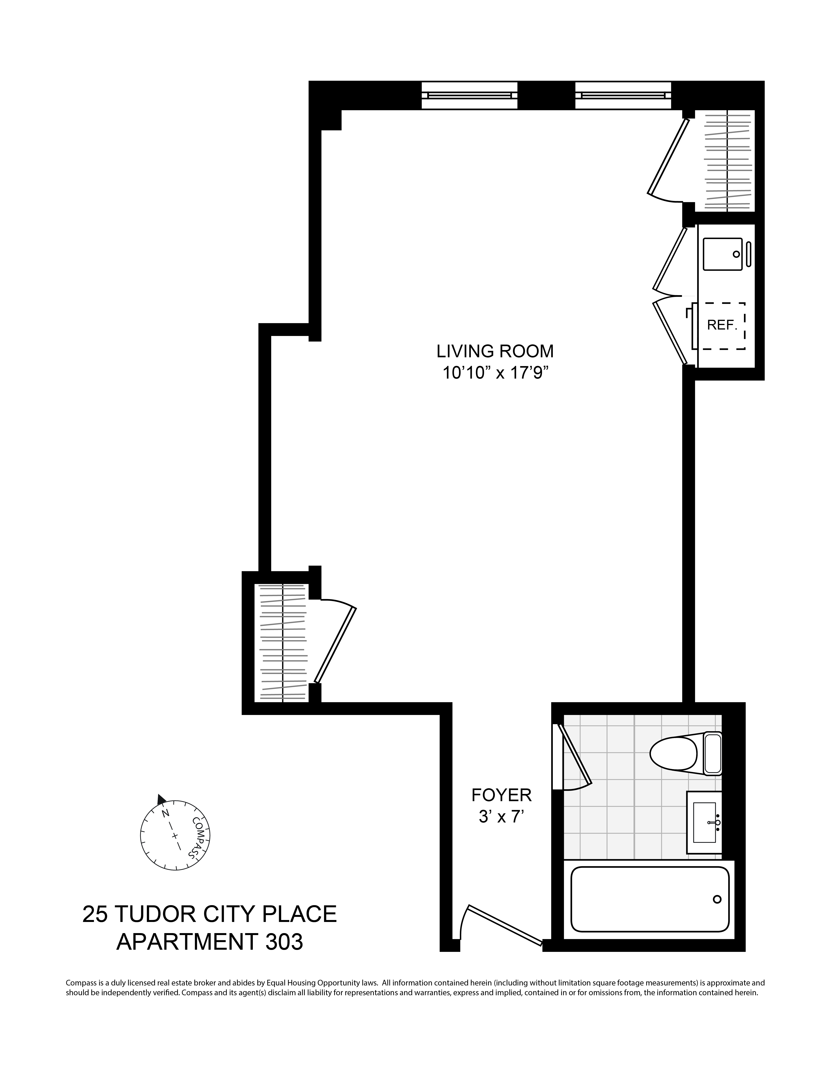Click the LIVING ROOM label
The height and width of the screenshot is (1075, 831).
pyautogui.click(x=495, y=351)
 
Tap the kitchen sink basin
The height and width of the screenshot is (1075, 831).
pyautogui.click(x=722, y=254)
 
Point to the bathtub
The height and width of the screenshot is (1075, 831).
pyautogui.click(x=650, y=899)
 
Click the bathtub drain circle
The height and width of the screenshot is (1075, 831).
pyautogui.click(x=717, y=899)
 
